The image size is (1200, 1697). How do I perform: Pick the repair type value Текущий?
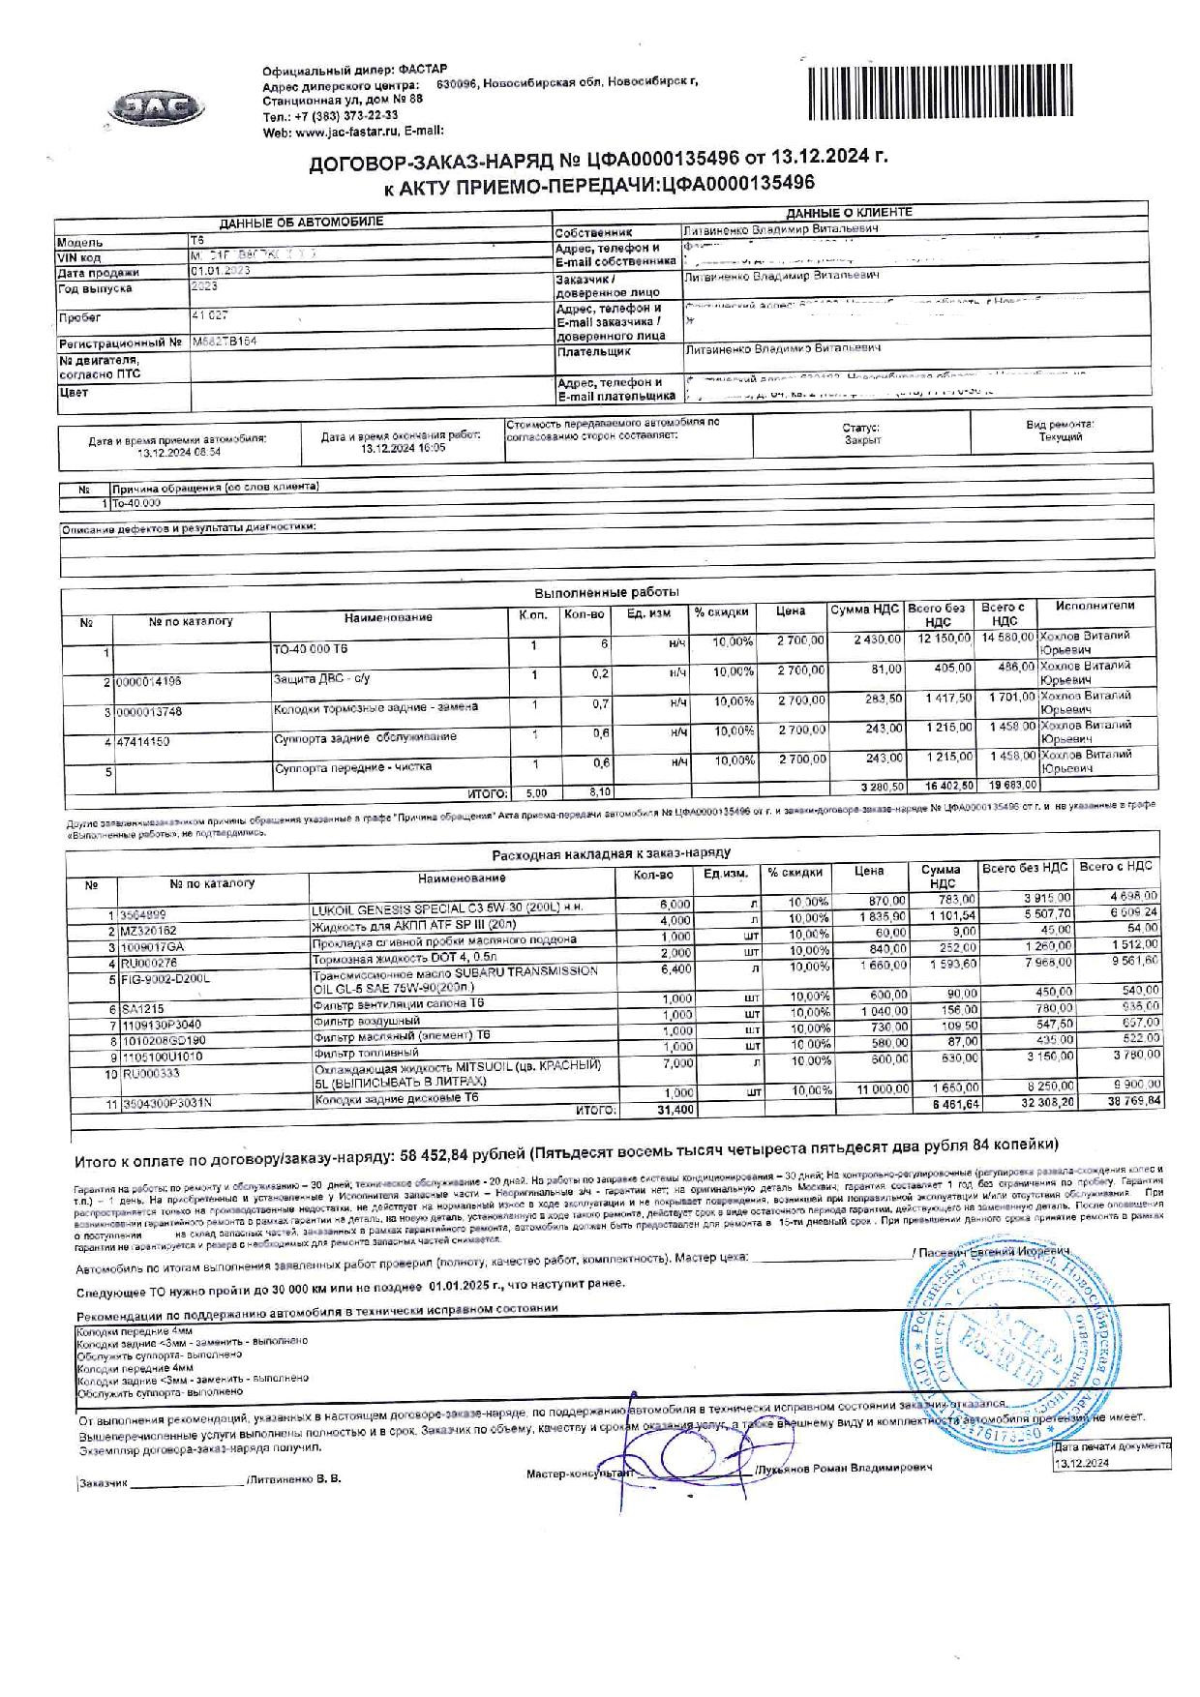[x=1060, y=437]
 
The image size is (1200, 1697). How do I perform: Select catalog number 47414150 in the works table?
[x=142, y=742]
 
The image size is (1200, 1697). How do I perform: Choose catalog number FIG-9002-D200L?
[x=164, y=979]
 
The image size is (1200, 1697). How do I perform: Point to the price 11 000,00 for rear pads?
[x=879, y=1089]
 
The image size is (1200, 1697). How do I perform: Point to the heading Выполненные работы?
[x=607, y=592]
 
